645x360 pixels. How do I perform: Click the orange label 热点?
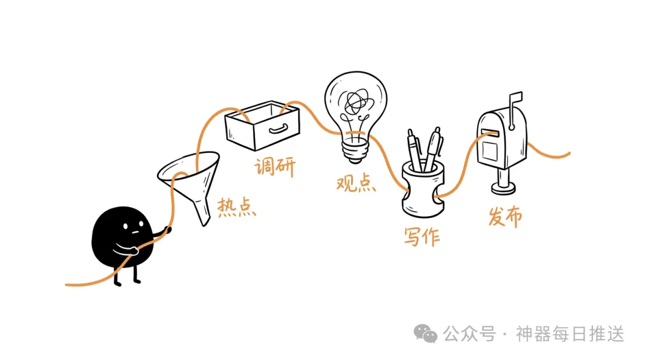236,207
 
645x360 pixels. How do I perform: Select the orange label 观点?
356,183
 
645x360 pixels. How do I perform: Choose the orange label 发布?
505,216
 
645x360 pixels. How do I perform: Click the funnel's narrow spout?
202,211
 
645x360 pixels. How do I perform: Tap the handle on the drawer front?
278,129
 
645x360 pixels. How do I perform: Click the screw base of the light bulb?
355,149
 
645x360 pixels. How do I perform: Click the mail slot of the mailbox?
490,133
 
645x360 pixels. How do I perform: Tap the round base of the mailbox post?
503,189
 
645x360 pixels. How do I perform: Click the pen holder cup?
423,190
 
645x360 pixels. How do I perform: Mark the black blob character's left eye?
125,226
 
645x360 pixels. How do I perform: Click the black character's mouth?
134,233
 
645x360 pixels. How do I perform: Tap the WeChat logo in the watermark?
425,333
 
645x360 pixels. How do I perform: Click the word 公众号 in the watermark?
469,334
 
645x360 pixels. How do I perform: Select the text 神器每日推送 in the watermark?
570,334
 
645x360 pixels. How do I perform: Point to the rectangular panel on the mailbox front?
490,150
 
